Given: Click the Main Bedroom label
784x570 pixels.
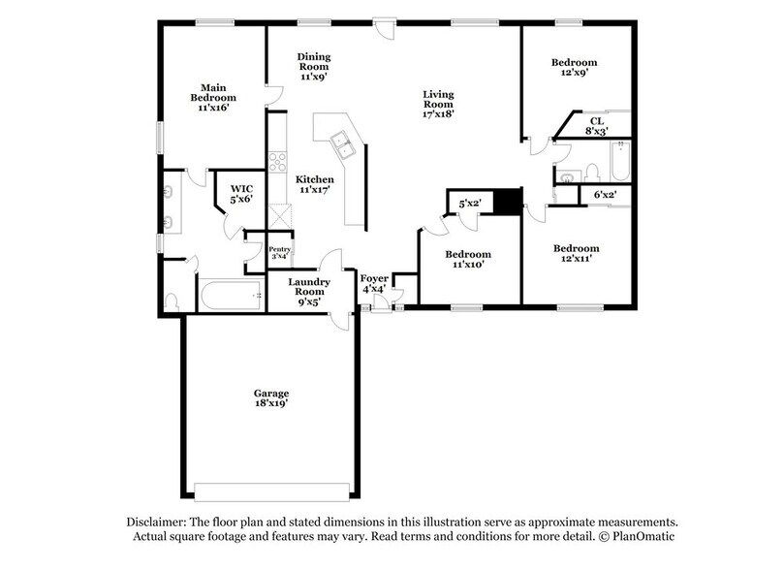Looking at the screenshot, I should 212,98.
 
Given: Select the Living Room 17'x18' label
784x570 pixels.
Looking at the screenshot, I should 438,103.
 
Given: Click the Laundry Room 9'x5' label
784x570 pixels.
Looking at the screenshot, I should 310,291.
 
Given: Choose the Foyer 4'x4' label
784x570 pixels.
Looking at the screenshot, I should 373,283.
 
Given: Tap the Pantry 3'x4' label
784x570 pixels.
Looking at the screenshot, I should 279,252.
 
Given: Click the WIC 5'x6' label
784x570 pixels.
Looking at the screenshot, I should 240,193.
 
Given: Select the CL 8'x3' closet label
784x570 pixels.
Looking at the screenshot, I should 596,126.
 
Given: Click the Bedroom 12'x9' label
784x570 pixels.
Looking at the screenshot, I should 574,67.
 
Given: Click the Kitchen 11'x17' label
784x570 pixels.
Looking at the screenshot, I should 315,185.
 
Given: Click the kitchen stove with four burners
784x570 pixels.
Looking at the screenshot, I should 278,162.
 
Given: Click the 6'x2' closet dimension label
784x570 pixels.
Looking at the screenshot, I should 605,196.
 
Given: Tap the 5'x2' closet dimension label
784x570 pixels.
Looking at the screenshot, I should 470,204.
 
